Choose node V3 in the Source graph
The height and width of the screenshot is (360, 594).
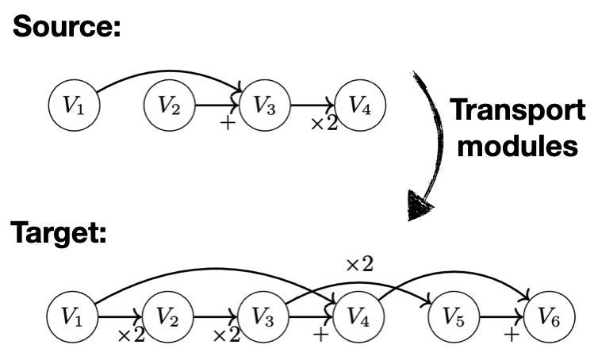(x=264, y=105)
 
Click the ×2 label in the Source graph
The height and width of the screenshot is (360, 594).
(x=324, y=125)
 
